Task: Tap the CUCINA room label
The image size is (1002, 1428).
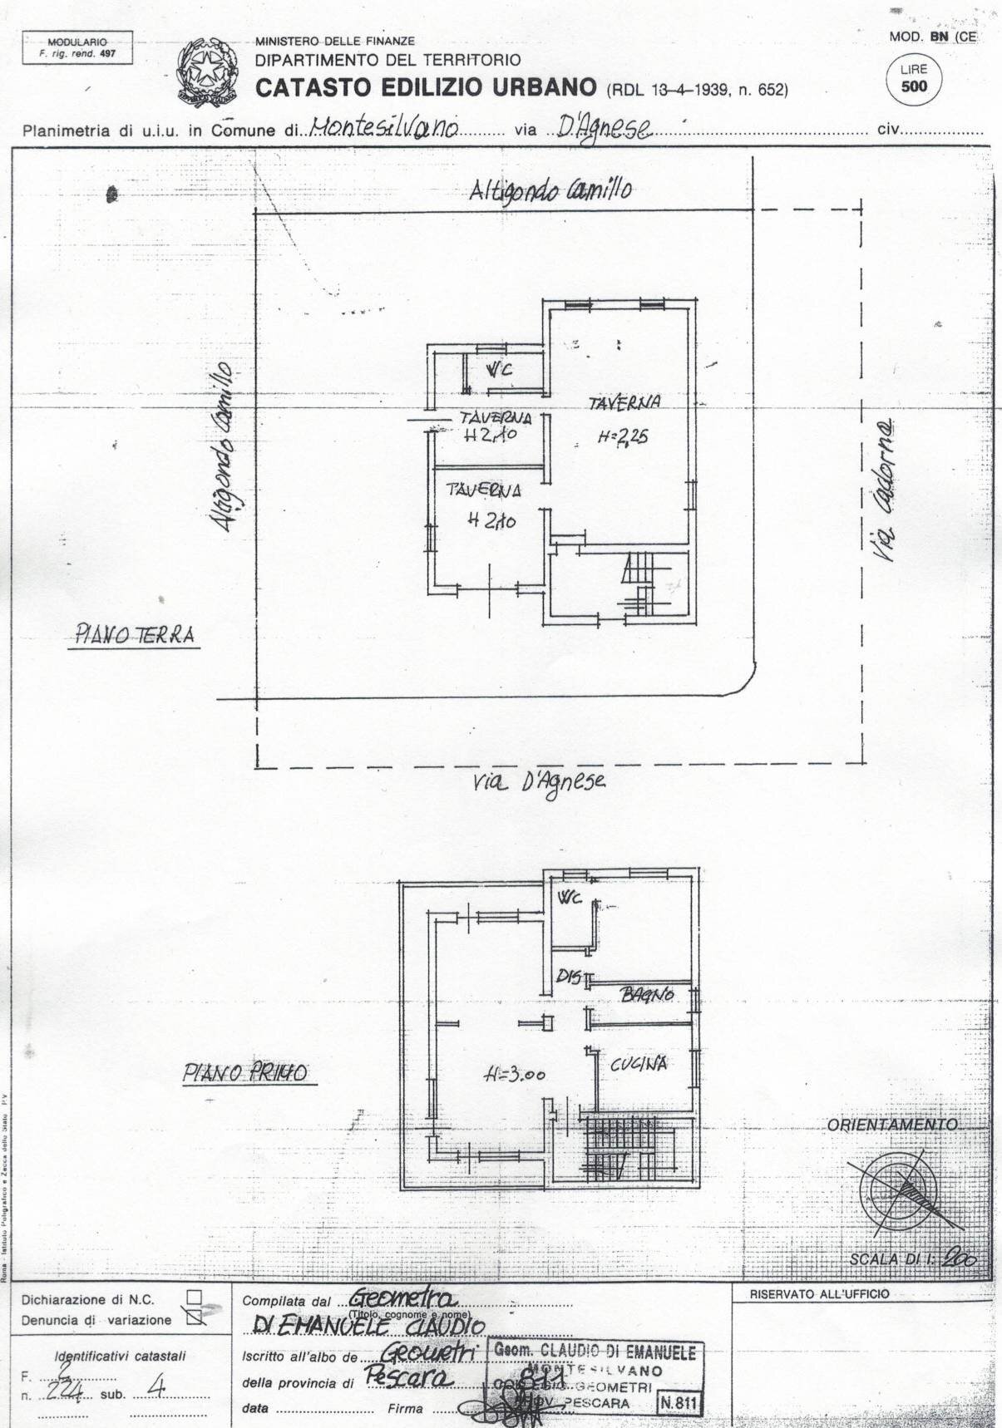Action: [639, 1064]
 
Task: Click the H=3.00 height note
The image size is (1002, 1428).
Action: [515, 1075]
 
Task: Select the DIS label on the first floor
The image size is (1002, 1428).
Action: [568, 978]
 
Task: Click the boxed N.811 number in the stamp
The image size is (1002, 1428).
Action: [679, 1402]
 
